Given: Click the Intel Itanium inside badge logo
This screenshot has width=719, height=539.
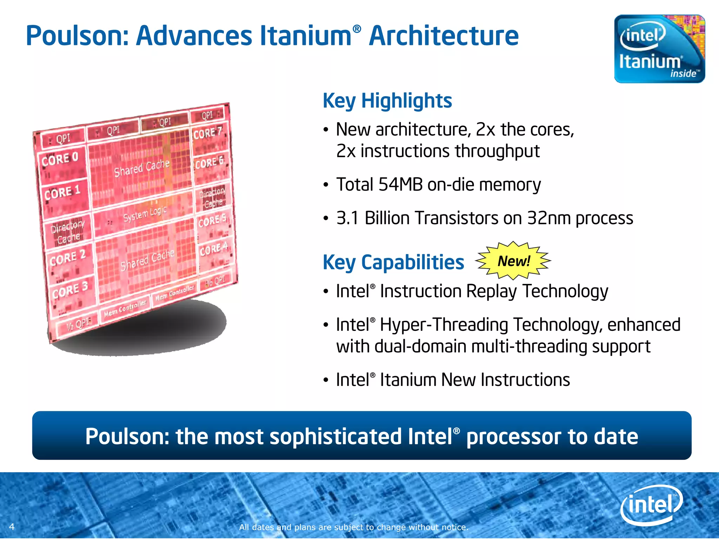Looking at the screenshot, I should (659, 49).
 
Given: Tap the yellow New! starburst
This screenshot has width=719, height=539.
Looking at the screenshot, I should (513, 261).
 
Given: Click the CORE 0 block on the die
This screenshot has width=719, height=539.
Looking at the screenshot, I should (60, 160).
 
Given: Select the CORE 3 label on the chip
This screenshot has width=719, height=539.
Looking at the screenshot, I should (70, 290).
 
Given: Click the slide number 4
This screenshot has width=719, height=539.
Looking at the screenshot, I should (12, 526).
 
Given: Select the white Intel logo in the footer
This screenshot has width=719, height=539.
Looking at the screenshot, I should (652, 505).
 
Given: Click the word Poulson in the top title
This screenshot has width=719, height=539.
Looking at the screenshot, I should (78, 36).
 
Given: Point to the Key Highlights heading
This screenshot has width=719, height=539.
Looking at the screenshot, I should (387, 101).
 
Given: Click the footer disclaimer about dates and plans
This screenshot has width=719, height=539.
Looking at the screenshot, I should (354, 527).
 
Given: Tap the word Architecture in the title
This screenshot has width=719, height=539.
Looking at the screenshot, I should (444, 36).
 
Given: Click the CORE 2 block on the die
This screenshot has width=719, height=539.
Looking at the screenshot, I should (68, 258).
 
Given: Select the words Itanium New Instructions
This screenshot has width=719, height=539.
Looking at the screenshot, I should (475, 380).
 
